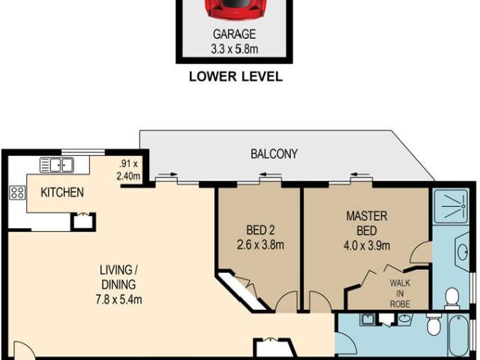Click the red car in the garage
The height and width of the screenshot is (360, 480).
coord(235,8)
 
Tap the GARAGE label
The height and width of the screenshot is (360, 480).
coord(234,34)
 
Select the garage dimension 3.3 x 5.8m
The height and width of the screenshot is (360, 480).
coord(235,49)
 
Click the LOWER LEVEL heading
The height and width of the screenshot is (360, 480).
coord(235,76)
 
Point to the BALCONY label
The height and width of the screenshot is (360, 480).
coord(274,154)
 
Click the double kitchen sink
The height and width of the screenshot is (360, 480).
coord(57,165)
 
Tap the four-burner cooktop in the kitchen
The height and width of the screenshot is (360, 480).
coord(17,193)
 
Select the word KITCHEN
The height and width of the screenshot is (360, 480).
coord(62,193)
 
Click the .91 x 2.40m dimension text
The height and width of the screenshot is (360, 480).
coord(128,170)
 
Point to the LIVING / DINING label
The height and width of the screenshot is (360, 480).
coord(118,277)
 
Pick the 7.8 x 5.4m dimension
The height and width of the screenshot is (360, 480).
coord(118,299)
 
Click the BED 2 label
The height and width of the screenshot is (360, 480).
coord(260,230)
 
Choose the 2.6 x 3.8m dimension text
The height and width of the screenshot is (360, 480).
coord(260,245)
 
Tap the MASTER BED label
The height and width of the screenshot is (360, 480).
coord(367,223)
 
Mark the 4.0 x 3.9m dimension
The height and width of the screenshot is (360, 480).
coord(367,245)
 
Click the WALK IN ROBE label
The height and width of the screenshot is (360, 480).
coord(400,293)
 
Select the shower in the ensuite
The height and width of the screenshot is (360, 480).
coord(451,206)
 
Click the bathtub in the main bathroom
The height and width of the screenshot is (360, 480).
coord(458,334)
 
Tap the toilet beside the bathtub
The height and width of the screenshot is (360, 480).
coord(433,325)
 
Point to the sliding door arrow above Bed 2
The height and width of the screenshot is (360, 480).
coord(270,175)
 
